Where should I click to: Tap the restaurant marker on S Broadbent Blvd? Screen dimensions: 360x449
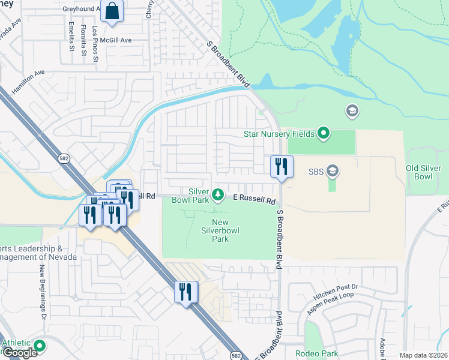[282, 167]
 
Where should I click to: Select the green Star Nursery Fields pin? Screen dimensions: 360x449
[324, 133]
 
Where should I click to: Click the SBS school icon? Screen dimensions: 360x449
[332, 172]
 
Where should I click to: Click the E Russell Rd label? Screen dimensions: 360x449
[254, 198]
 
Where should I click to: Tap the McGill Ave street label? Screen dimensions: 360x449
[116, 40]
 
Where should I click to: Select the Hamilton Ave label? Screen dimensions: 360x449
[28, 80]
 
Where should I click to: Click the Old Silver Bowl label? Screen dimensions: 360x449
[427, 172]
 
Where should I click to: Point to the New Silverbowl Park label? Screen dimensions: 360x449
[220, 230]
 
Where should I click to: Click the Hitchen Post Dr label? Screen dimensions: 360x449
[336, 292]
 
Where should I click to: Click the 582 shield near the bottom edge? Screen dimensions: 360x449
[236, 356]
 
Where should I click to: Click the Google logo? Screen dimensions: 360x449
[20, 353]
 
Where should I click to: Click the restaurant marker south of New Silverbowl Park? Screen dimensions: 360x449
[185, 292]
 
